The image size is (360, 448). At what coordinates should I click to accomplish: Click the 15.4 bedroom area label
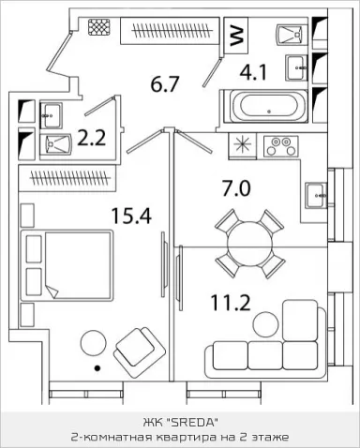click(131, 217)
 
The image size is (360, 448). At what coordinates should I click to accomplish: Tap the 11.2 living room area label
click(231, 303)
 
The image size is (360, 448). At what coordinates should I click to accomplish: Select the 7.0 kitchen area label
click(236, 188)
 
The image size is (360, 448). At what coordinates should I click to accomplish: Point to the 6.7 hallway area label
click(164, 84)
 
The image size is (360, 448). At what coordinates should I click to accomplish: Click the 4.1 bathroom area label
click(253, 72)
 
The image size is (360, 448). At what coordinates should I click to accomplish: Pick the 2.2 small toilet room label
click(92, 138)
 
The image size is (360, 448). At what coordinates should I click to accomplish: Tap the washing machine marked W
click(236, 36)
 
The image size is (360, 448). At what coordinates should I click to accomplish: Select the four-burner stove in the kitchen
click(280, 146)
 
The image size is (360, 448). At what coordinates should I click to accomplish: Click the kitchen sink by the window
click(316, 196)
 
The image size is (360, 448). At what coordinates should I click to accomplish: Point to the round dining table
click(249, 244)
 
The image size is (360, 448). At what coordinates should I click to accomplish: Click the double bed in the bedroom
click(67, 265)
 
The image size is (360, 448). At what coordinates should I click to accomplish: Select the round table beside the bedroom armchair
click(94, 343)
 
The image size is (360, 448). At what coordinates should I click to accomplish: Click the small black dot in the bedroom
click(97, 368)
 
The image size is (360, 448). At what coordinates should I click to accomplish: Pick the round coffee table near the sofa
click(265, 325)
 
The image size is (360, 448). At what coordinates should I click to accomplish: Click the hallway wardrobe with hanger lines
click(171, 31)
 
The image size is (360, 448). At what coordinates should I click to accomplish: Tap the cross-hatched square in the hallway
click(99, 25)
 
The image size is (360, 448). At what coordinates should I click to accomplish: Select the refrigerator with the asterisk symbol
click(243, 144)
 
